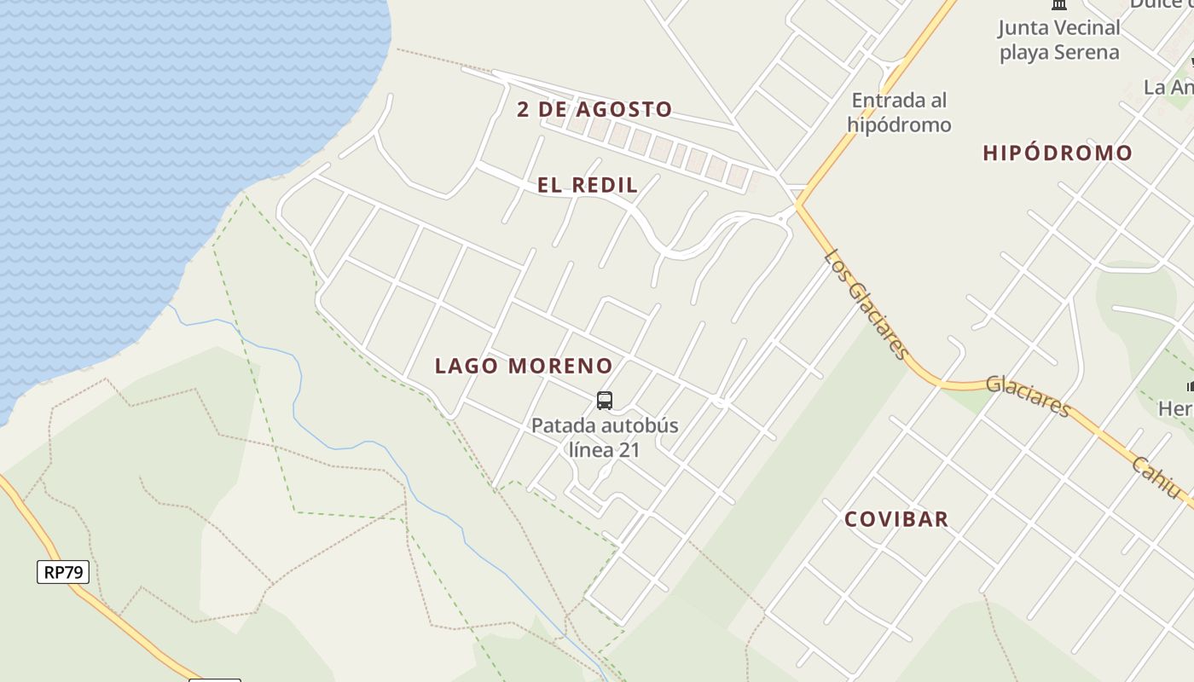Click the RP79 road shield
[63, 571]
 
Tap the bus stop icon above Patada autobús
[605, 400]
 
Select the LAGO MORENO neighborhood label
[524, 366]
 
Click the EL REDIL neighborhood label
[588, 185]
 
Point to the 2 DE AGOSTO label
[594, 109]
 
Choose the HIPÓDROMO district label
[1058, 153]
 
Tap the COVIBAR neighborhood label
[896, 519]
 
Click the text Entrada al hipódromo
[899, 113]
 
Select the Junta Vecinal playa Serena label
[1059, 40]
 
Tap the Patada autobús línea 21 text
[605, 437]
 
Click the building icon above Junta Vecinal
[1059, 4]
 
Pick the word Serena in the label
[1086, 52]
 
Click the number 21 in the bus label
[629, 449]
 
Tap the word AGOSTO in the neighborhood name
[624, 109]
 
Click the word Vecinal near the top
[1084, 28]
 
